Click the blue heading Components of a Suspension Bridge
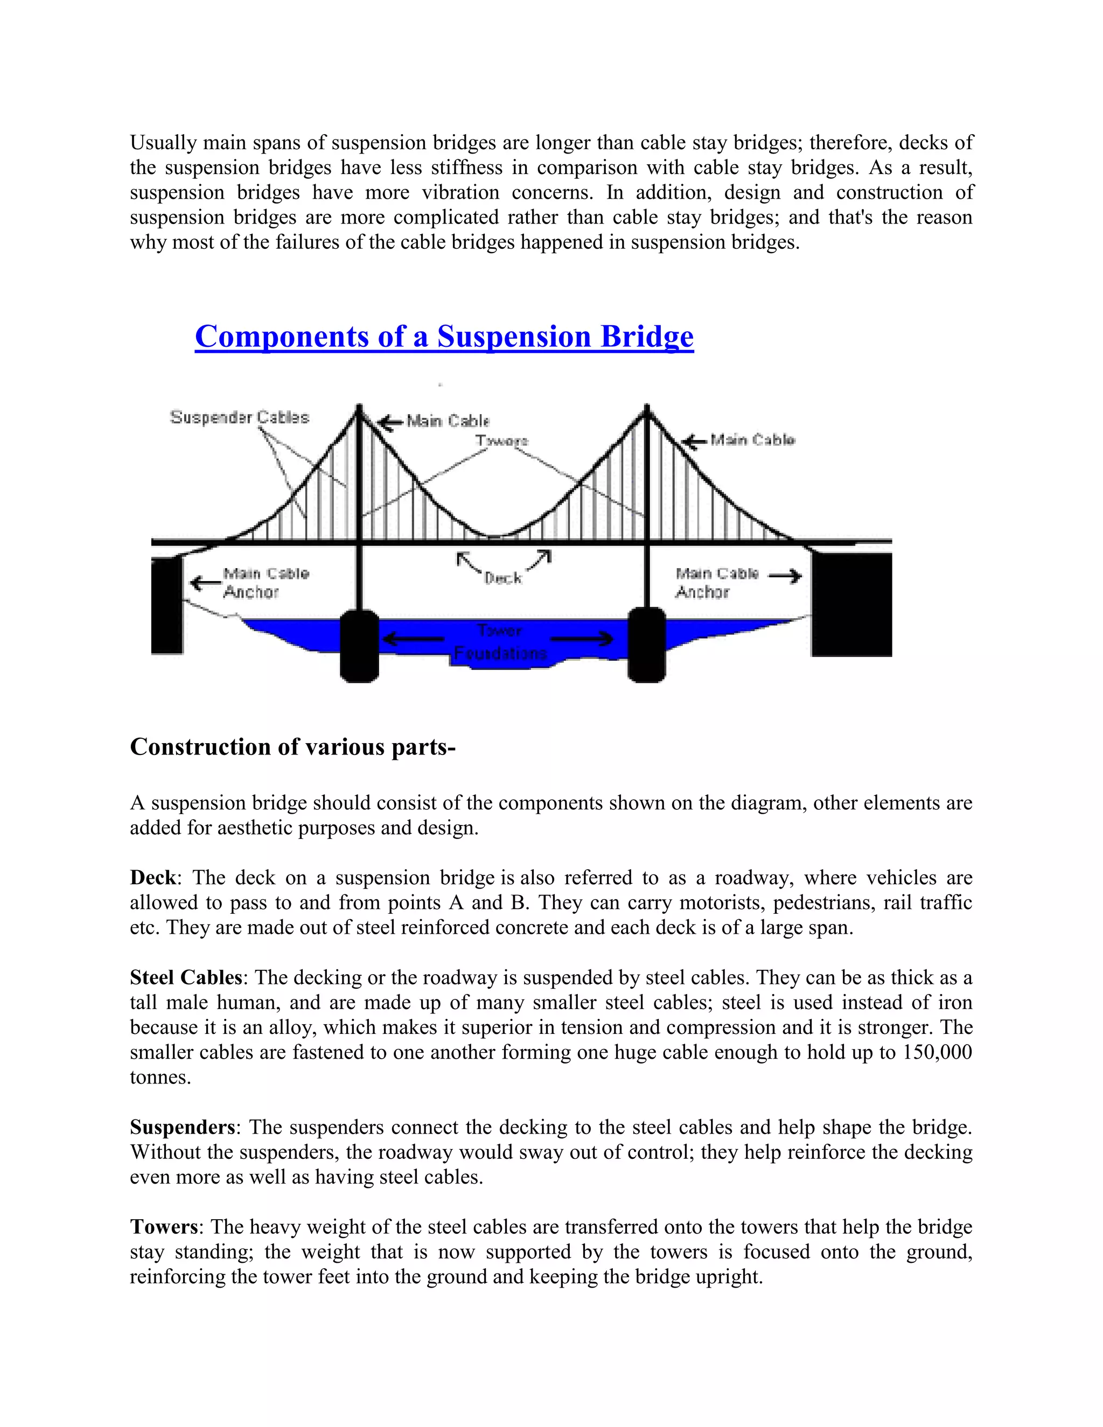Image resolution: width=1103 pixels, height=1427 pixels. click(x=444, y=337)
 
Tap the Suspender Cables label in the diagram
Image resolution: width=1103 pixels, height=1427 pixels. click(x=239, y=417)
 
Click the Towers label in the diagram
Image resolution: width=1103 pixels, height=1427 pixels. click(x=501, y=440)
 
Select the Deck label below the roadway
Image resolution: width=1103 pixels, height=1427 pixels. click(x=502, y=578)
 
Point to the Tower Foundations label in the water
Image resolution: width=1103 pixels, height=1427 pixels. click(x=500, y=642)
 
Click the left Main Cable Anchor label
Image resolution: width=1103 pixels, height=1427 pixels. click(x=266, y=582)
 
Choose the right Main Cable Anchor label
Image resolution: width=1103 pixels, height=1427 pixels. click(x=717, y=582)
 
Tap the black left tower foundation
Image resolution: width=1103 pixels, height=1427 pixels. click(x=359, y=646)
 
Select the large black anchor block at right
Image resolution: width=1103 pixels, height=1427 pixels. click(x=851, y=604)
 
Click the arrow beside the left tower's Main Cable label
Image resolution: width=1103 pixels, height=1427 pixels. click(x=392, y=422)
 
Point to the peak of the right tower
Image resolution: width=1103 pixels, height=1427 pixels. click(x=647, y=408)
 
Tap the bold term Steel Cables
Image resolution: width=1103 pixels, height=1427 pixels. click(x=186, y=977)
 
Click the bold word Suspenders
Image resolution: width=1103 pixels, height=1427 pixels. click(x=183, y=1127)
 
